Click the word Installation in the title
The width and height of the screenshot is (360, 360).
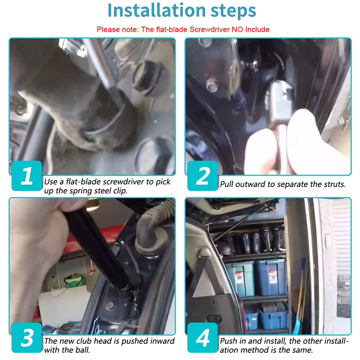click(156, 10)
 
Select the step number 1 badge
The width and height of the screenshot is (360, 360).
click(27, 175)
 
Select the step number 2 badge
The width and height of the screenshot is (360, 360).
click(202, 175)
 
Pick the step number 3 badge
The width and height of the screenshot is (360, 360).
click(27, 337)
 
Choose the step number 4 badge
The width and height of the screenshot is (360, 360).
click(202, 337)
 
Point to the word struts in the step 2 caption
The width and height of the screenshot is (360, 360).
click(334, 184)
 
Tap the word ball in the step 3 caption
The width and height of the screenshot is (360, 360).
click(84, 350)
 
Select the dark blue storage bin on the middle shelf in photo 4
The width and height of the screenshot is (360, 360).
click(271, 277)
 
